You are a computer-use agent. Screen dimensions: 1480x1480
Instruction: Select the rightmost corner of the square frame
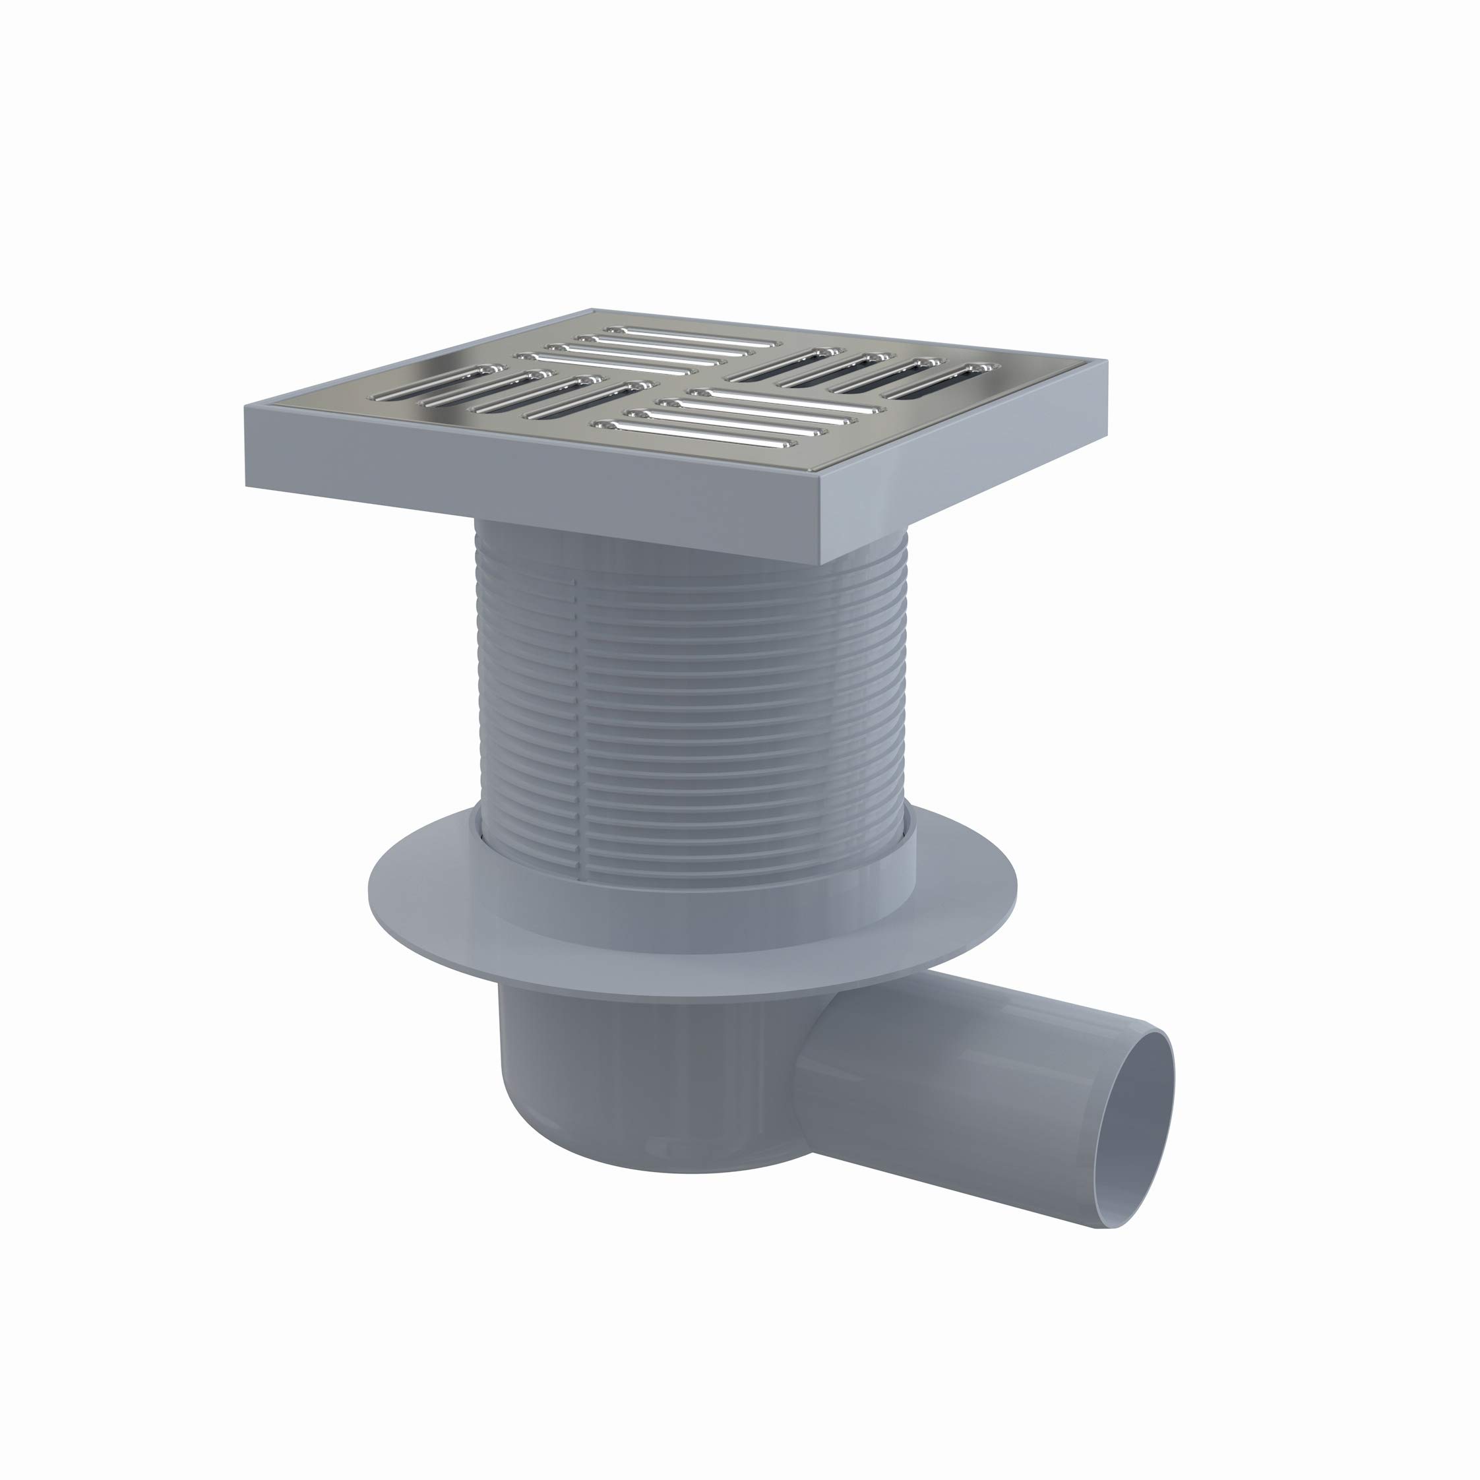tap(1106, 360)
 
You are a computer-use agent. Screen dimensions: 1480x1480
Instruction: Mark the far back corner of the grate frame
tap(594, 310)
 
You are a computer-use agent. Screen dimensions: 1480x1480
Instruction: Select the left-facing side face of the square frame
tap(536, 490)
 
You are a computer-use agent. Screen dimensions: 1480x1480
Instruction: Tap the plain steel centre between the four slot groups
tap(689, 380)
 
